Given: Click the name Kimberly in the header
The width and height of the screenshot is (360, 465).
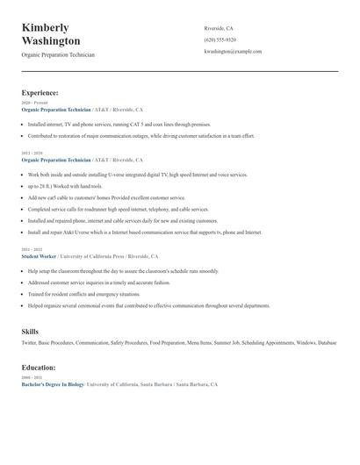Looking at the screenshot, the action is click(46, 27).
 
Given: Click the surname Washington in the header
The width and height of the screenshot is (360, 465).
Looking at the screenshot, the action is click(51, 41).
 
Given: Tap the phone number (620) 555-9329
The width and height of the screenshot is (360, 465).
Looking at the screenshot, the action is click(220, 39).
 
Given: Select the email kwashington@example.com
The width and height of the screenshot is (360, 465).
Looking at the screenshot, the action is click(233, 52).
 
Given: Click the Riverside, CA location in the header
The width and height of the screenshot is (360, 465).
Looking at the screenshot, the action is click(219, 28).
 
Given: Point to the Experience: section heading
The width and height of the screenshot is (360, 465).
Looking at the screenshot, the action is click(40, 92).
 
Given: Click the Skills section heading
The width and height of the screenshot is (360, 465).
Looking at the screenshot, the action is click(30, 331).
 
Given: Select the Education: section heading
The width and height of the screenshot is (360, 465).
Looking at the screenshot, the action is click(39, 368).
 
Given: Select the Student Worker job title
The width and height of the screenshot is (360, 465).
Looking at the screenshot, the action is click(40, 256).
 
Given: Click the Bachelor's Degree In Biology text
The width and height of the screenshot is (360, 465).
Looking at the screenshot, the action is click(53, 384).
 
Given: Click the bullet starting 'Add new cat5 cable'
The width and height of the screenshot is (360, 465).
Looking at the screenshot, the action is click(96, 198).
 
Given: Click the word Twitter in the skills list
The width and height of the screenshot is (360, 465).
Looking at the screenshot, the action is click(30, 342).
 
